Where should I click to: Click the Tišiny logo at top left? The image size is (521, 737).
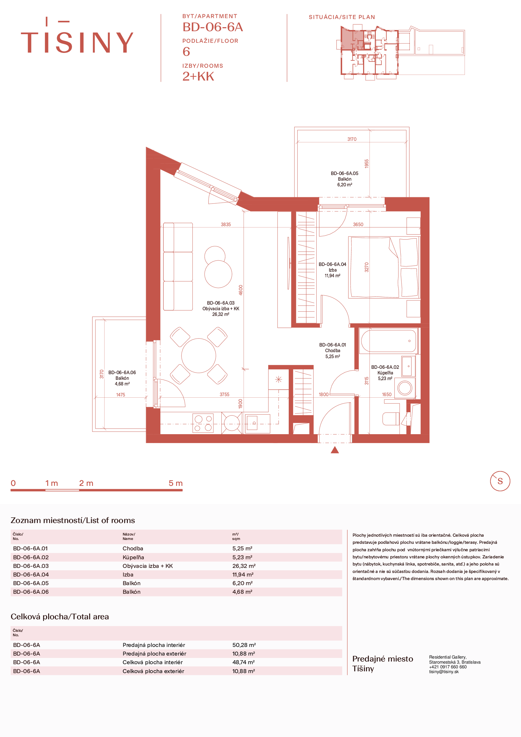[x=77, y=35]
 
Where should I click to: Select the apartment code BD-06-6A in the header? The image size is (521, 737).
[x=213, y=27]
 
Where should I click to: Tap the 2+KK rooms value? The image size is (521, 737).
[x=198, y=76]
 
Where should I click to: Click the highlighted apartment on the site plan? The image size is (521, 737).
[x=352, y=39]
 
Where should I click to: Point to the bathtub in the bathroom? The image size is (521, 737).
[x=388, y=341]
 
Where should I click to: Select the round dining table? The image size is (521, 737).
[x=199, y=356]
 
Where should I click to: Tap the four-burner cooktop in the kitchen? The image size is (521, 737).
[x=203, y=423]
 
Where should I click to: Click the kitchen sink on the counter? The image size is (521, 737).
[x=257, y=424]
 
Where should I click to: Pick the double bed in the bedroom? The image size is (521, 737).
[x=384, y=267]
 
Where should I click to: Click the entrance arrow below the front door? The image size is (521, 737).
[x=334, y=450]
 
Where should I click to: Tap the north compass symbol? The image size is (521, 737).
[x=500, y=481]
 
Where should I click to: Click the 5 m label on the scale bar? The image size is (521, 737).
[x=176, y=483]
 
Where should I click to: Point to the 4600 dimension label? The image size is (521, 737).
[x=241, y=290]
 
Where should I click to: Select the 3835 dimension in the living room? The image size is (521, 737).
[x=225, y=224]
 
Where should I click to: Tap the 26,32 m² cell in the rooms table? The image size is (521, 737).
[x=244, y=566]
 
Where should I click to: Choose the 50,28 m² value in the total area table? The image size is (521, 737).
[x=244, y=645]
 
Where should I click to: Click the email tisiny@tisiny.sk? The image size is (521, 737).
[x=444, y=672]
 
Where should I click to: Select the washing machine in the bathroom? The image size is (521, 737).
[x=405, y=388]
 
